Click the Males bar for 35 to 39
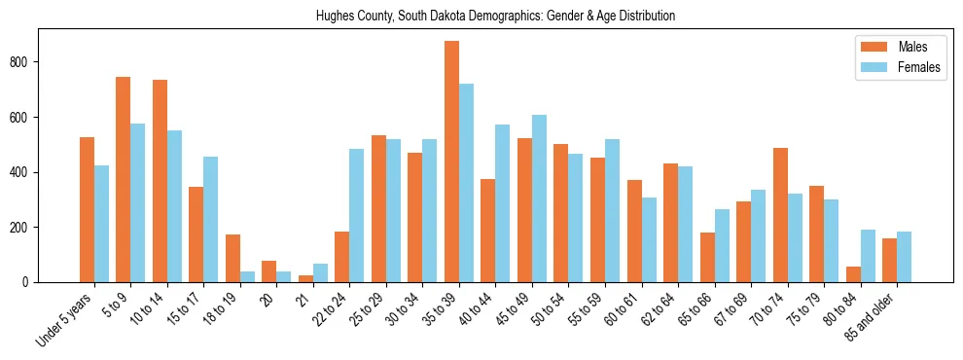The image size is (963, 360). click(451, 162)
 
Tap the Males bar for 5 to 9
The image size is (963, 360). click(124, 179)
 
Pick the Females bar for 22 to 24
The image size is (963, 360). click(357, 215)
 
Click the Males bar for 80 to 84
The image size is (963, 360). click(853, 274)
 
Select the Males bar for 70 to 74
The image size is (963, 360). click(780, 215)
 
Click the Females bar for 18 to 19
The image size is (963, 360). click(247, 276)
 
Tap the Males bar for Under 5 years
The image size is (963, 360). click(87, 209)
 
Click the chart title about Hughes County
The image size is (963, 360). click(495, 17)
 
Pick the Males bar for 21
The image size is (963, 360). click(305, 278)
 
